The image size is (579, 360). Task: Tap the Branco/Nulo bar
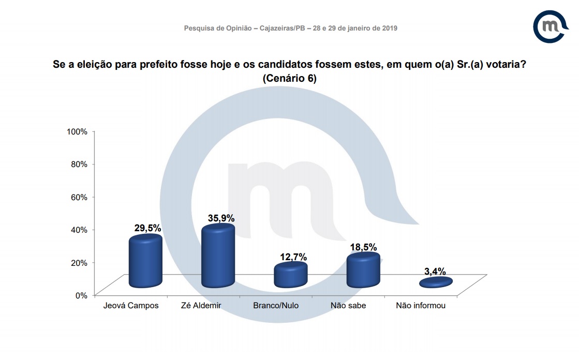(x=290, y=275)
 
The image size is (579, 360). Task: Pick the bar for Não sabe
(x=363, y=271)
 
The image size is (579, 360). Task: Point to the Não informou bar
(x=435, y=282)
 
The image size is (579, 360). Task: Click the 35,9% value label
(x=221, y=218)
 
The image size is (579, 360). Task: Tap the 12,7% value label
(x=294, y=257)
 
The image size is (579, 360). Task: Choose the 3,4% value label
(x=435, y=271)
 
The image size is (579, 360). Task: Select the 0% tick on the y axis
(x=82, y=295)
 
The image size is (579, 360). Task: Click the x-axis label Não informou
(x=421, y=306)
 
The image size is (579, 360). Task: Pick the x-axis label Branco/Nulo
(x=276, y=306)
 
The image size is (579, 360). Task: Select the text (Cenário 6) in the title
(x=289, y=79)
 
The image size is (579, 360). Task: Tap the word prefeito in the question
(x=163, y=66)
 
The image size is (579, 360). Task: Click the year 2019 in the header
(x=389, y=28)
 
